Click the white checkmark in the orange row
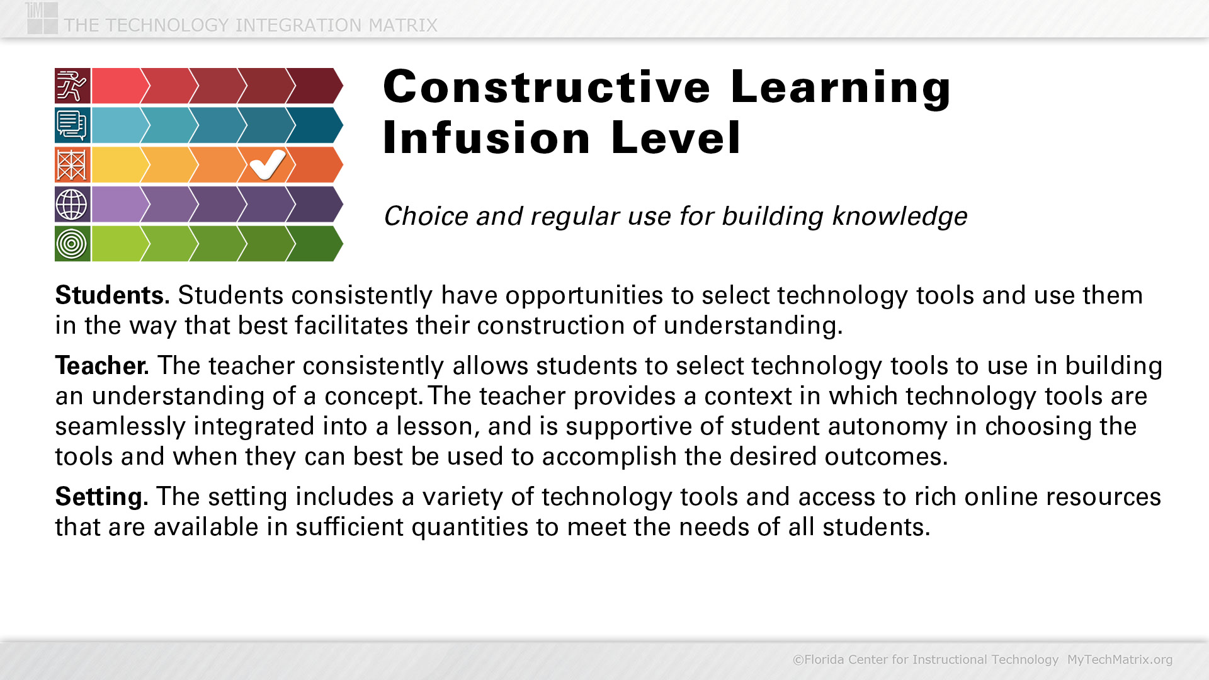click(267, 165)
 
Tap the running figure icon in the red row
click(72, 86)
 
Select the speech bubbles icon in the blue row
click(72, 125)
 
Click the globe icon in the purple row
click(72, 204)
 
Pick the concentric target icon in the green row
click(72, 244)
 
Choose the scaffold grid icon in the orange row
click(72, 165)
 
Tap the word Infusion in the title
click(487, 138)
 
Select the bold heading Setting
click(101, 497)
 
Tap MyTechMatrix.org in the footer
click(1120, 659)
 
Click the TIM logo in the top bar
click(42, 18)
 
